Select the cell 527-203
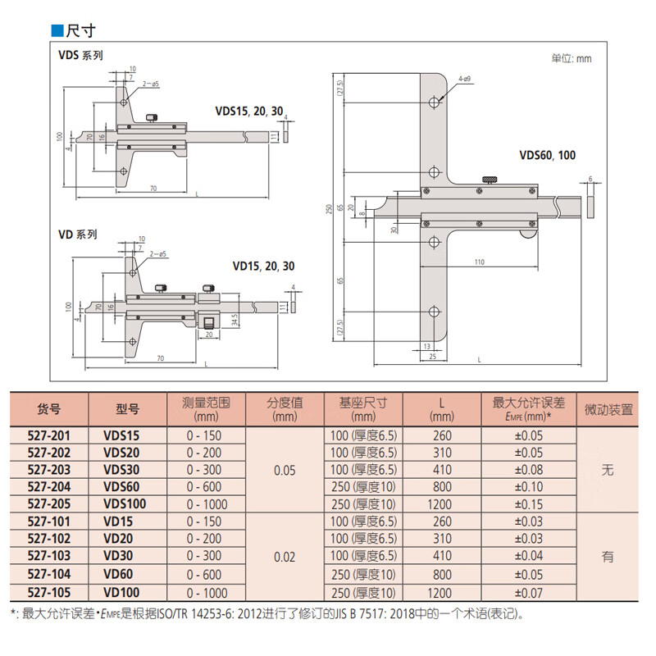[49, 470]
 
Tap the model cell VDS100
[125, 503]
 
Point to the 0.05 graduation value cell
[285, 470]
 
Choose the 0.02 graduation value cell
[285, 556]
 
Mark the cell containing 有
[608, 557]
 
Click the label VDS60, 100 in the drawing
[548, 155]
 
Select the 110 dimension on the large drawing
[480, 262]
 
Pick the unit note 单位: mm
[571, 58]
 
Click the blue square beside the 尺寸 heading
[57, 30]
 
